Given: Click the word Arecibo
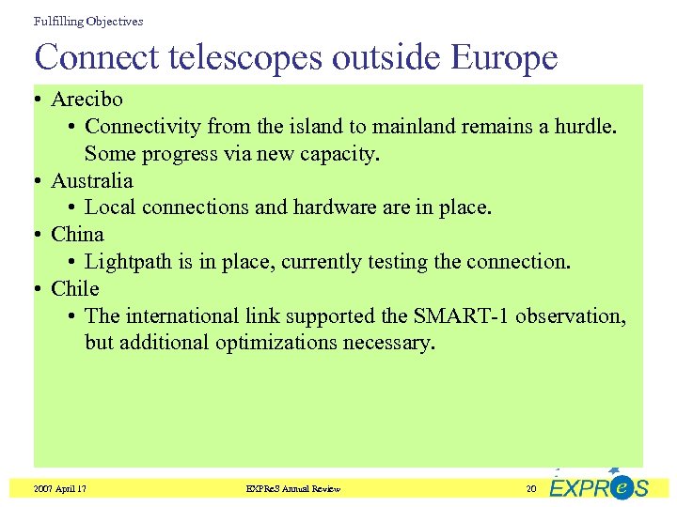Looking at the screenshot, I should click(x=87, y=100).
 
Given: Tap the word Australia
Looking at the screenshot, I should click(x=92, y=180).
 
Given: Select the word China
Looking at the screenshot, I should click(x=77, y=234).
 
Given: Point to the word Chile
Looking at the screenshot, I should click(x=75, y=288).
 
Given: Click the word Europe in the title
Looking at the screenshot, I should click(x=504, y=57).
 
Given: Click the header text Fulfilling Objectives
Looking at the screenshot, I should click(x=88, y=21).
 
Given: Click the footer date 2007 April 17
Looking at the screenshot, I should click(x=59, y=488).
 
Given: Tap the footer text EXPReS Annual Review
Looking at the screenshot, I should click(x=292, y=488).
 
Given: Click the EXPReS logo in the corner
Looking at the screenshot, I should click(x=598, y=485).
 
